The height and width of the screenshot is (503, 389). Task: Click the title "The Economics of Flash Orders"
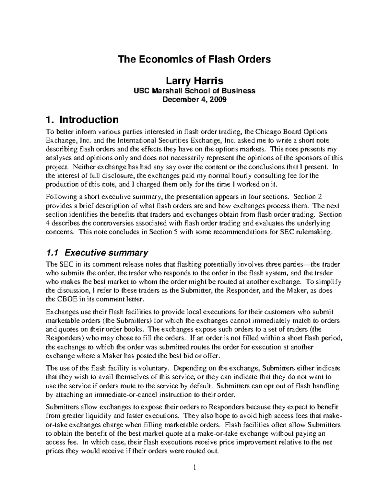point(194,60)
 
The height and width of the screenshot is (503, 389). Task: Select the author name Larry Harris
point(194,81)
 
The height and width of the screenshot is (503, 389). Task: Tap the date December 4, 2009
point(194,99)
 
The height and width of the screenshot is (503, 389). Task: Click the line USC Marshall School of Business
point(194,91)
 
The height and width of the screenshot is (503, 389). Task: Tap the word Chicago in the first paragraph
point(269,132)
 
